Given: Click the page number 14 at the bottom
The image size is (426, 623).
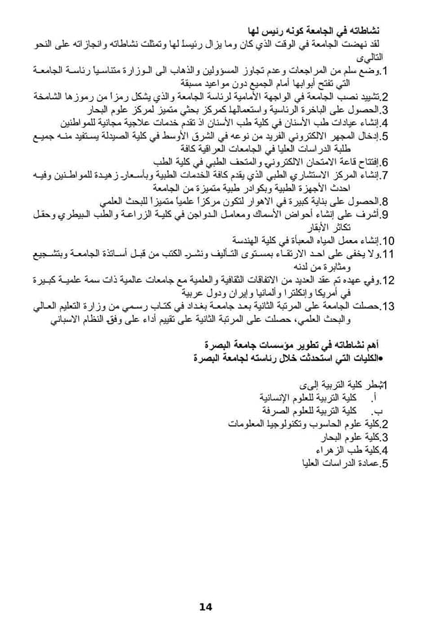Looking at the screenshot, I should click(206, 607).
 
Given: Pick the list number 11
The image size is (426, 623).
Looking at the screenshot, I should click(388, 254).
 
